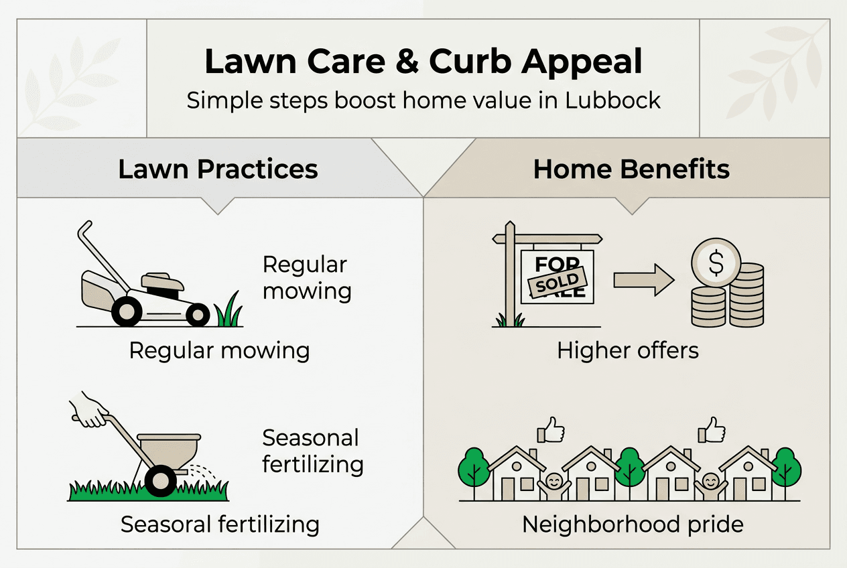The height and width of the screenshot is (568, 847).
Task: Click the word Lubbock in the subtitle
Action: (612, 100)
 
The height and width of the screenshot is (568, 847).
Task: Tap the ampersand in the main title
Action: (407, 61)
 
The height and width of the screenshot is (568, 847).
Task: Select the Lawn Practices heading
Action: (218, 169)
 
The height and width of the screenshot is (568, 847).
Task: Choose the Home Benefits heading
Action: (631, 169)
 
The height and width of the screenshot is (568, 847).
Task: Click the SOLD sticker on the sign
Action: (558, 282)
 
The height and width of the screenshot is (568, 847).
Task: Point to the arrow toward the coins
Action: (644, 280)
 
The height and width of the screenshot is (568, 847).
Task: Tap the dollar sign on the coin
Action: (716, 263)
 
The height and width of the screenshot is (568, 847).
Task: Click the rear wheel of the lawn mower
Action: (127, 311)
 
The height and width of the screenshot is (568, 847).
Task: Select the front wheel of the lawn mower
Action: (198, 314)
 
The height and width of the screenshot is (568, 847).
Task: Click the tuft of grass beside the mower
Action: (229, 310)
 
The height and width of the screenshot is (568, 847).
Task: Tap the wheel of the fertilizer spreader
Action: (161, 481)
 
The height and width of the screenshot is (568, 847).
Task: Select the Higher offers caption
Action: (628, 351)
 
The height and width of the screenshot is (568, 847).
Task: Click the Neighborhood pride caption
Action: (633, 524)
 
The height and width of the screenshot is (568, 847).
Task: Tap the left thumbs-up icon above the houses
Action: (551, 430)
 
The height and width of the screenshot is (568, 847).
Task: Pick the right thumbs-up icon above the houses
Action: (712, 430)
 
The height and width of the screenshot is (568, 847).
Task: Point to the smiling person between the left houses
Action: (554, 486)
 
